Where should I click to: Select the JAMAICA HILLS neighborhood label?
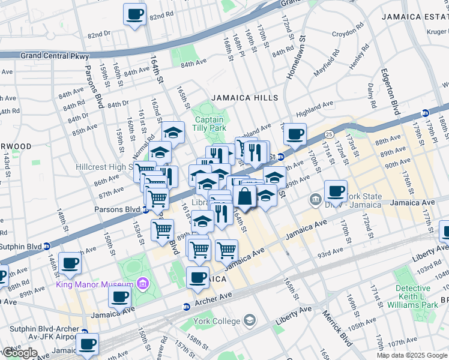click(244, 98)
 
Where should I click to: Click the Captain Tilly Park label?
click(209, 124)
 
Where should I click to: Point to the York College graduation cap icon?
click(250, 321)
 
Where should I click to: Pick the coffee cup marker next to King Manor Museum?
click(120, 296)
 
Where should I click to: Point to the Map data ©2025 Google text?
click(412, 355)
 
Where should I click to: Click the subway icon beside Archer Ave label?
click(186, 307)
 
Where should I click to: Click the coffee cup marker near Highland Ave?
click(294, 134)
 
